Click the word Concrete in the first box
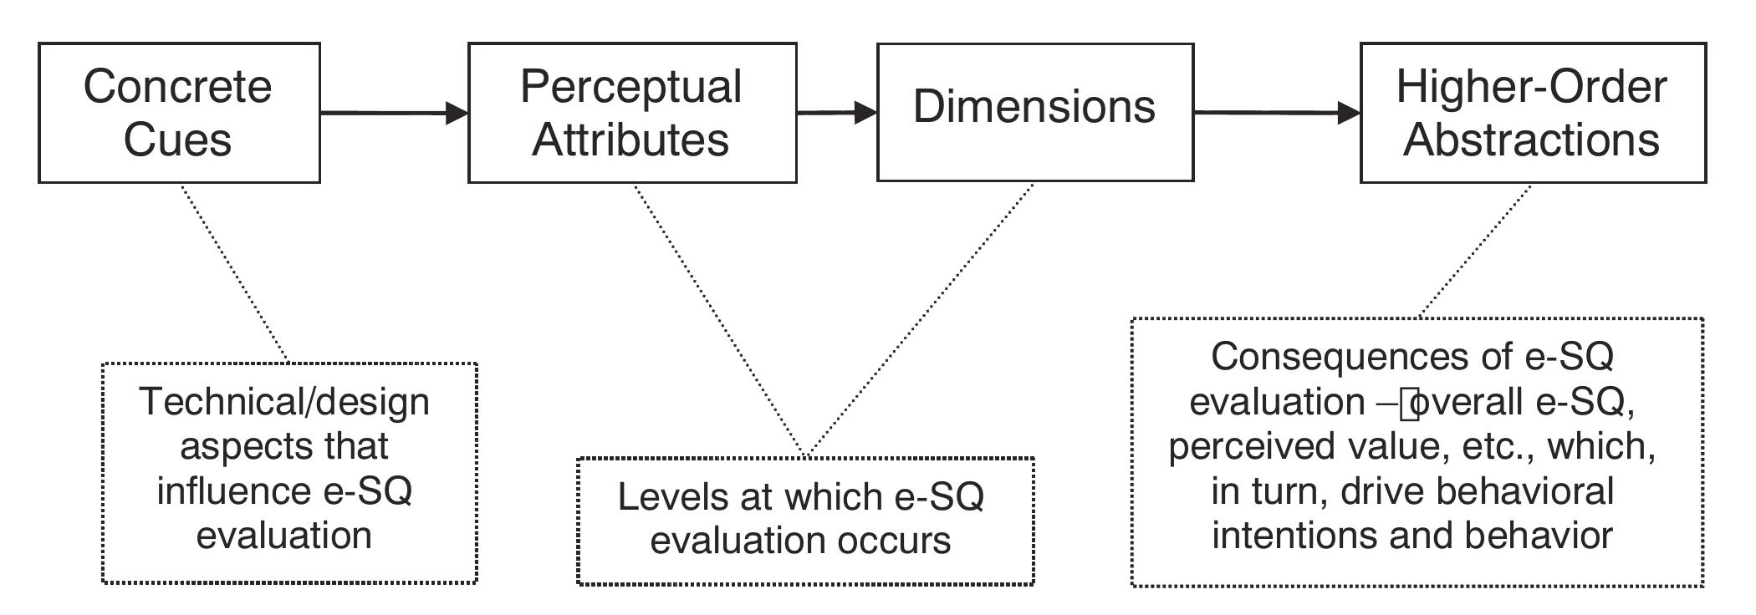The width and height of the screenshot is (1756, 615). (177, 87)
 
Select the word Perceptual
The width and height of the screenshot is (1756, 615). (630, 87)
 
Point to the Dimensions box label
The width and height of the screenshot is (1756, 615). (1034, 107)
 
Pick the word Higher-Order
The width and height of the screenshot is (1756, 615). (1531, 87)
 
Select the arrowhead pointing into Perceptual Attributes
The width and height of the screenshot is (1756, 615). (456, 113)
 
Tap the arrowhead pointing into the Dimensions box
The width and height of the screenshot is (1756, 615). (865, 113)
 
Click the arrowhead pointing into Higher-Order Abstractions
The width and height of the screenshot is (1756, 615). (1348, 113)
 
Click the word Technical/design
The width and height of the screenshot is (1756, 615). (284, 402)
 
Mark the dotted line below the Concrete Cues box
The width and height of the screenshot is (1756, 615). (234, 273)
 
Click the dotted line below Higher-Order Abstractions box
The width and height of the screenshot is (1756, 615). (1477, 251)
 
